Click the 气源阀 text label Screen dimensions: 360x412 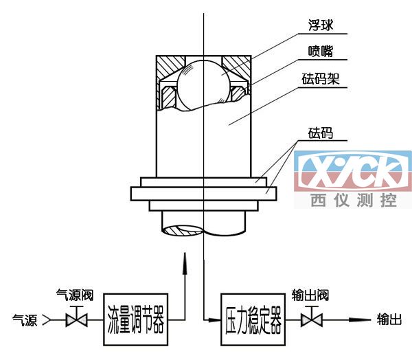click(x=74, y=297)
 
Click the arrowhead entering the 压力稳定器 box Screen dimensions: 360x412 click(x=215, y=320)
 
